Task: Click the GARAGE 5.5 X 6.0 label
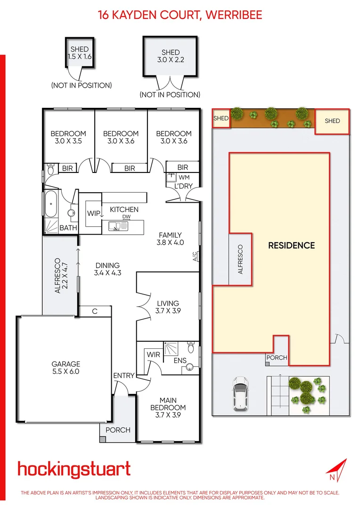click(x=65, y=368)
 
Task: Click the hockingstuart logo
click(x=74, y=469)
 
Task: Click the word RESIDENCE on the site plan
click(x=291, y=245)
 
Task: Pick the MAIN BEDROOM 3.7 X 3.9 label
click(x=168, y=407)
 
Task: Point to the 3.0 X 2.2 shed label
click(x=170, y=57)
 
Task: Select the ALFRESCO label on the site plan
click(x=240, y=259)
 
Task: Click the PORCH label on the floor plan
click(x=118, y=430)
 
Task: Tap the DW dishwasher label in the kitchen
click(x=126, y=217)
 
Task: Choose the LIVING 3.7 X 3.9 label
click(x=168, y=307)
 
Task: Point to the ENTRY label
click(x=124, y=376)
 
